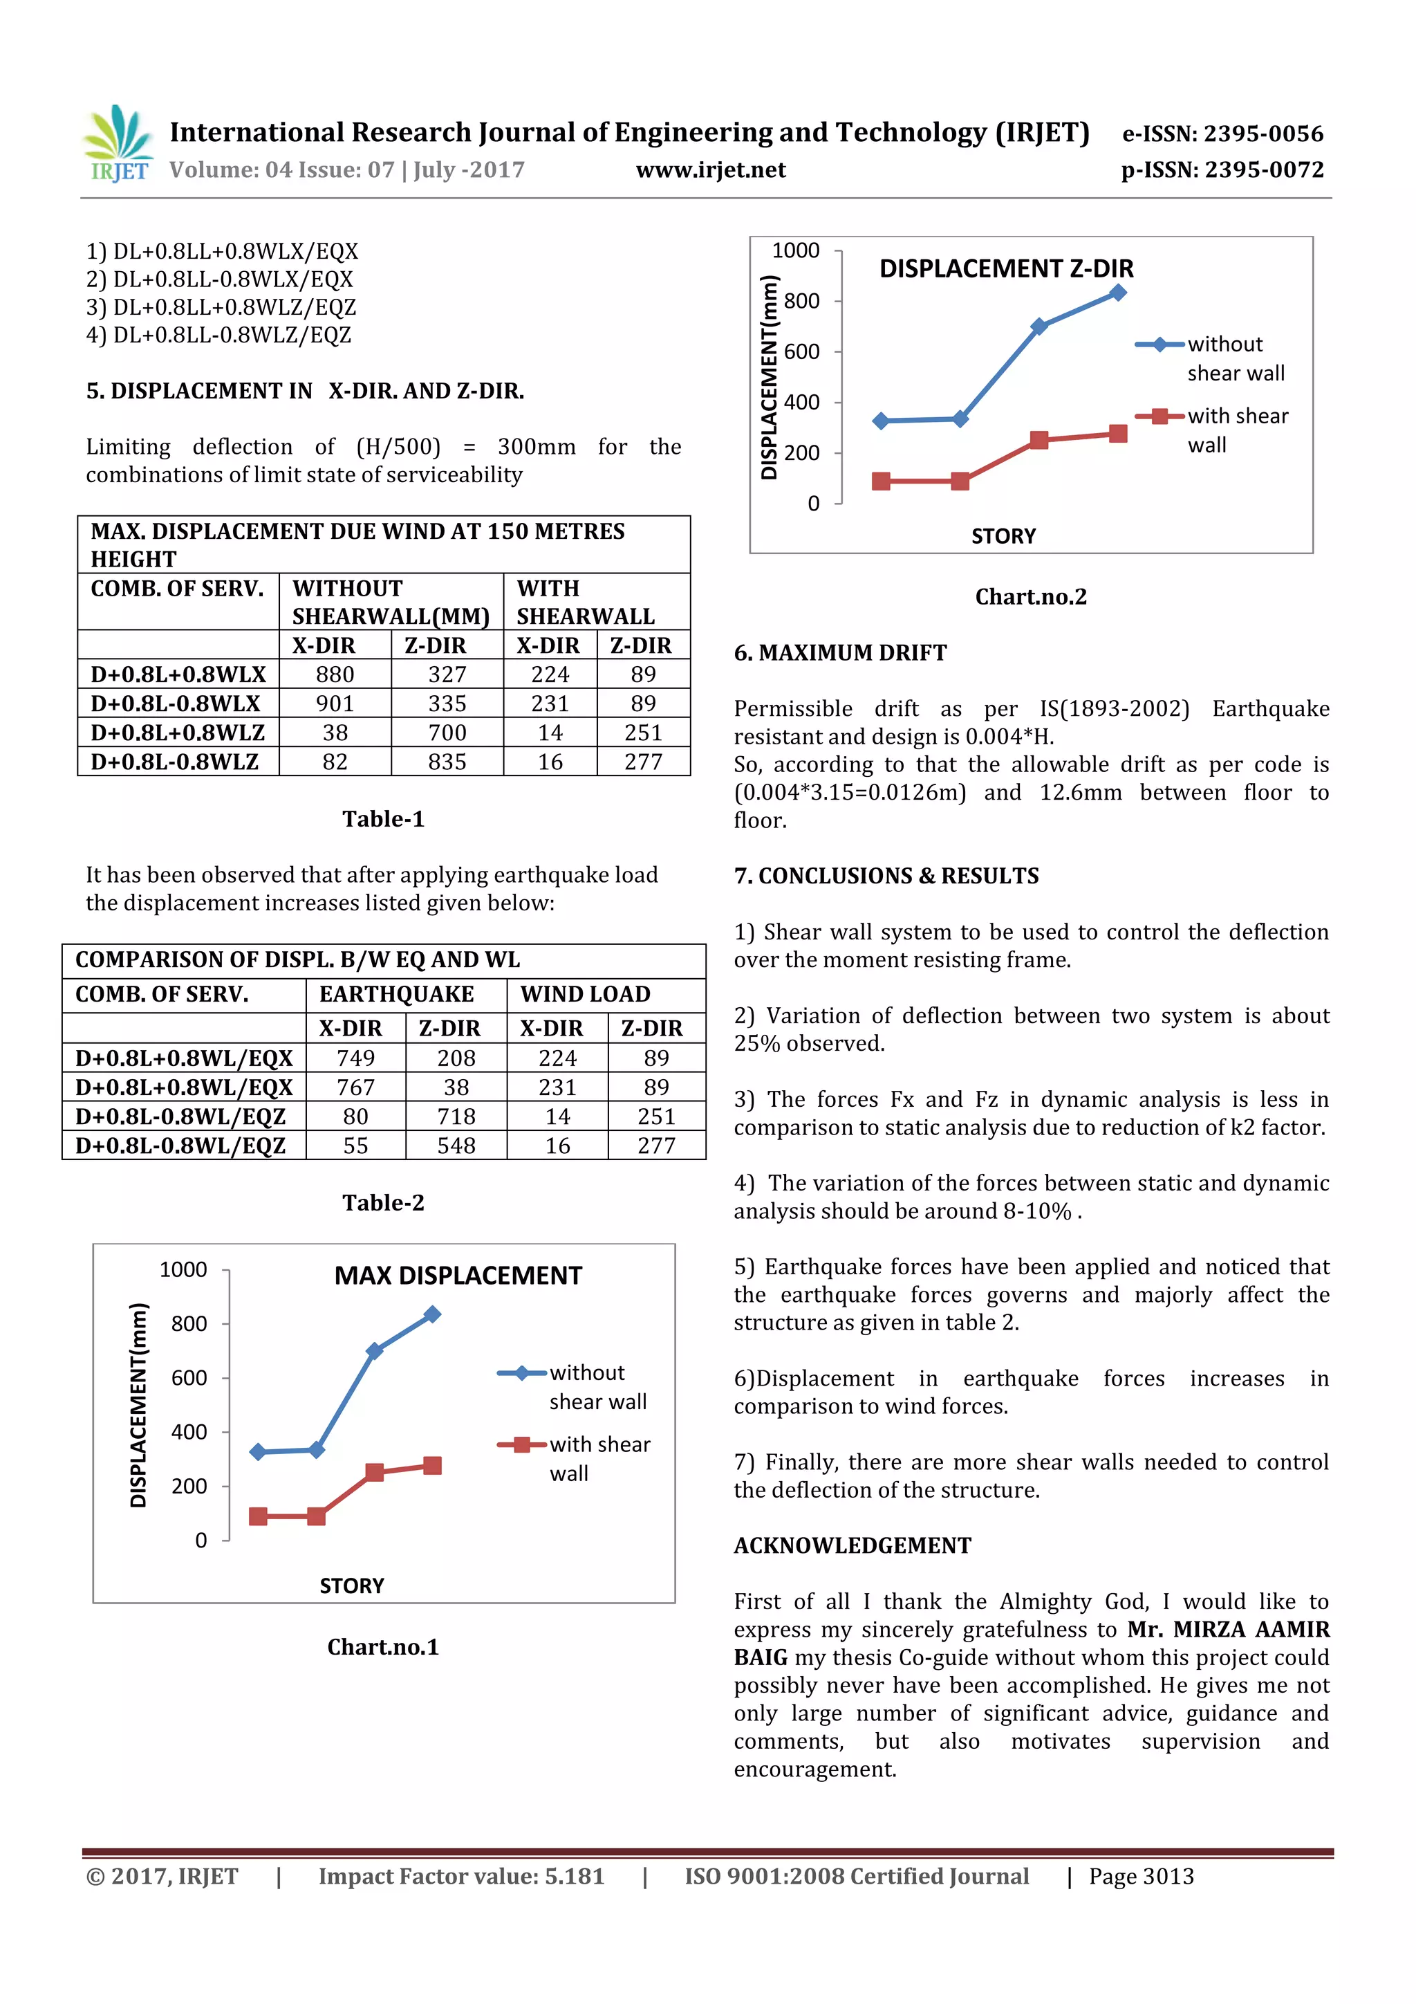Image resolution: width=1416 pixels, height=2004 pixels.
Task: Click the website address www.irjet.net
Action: click(710, 170)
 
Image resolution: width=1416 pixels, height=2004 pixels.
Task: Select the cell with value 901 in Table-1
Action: click(335, 704)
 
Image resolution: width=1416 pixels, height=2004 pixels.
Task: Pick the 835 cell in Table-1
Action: click(447, 762)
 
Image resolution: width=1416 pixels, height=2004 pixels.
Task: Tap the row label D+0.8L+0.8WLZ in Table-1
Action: click(178, 733)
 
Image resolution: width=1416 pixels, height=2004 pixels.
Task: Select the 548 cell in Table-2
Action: click(456, 1146)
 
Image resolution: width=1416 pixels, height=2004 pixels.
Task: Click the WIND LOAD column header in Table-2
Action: click(586, 994)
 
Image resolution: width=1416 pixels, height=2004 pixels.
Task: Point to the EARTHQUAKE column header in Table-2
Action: click(396, 994)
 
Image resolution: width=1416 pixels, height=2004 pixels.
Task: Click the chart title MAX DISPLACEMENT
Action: click(457, 1276)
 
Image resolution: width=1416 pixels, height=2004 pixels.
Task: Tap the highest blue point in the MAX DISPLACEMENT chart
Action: click(432, 1314)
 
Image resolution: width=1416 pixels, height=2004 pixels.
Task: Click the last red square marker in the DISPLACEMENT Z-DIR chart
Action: click(1117, 434)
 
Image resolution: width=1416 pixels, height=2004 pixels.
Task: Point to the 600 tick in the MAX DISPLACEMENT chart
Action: click(189, 1378)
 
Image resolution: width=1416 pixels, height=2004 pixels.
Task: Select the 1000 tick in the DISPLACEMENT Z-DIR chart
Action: click(795, 251)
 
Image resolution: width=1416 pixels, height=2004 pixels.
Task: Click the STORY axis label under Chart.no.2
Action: click(1003, 537)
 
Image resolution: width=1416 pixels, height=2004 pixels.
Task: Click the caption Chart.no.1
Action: click(383, 1647)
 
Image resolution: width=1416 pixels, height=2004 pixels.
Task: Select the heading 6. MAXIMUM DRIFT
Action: click(839, 653)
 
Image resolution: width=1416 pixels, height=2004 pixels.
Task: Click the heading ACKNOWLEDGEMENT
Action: click(852, 1546)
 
